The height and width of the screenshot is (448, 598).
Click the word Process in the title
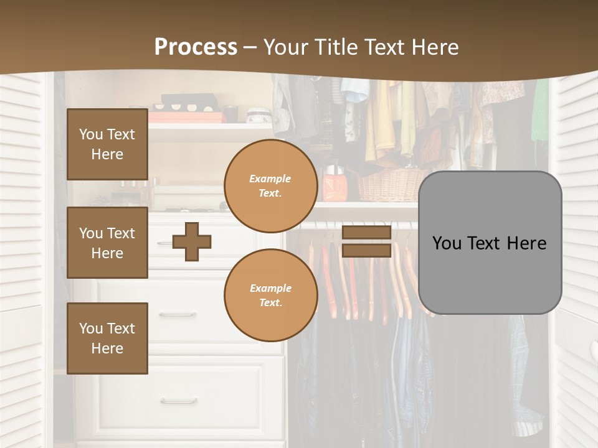[196, 47]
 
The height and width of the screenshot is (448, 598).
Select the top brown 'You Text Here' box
[107, 144]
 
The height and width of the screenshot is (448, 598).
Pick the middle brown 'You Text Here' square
[107, 243]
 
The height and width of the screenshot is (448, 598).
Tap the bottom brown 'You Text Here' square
[107, 338]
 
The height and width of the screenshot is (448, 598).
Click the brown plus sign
[192, 241]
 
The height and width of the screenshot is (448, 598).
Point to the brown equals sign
[366, 241]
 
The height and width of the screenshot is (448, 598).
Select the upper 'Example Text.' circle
[270, 186]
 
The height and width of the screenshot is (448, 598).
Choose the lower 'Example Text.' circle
[270, 295]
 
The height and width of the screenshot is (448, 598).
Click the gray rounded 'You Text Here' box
[490, 243]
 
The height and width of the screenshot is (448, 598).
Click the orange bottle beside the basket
[330, 185]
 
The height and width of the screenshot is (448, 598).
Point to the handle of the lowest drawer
[178, 401]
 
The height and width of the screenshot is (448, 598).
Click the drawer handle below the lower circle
[178, 315]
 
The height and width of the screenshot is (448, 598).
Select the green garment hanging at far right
[540, 112]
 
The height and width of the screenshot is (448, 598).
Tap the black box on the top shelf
[189, 101]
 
